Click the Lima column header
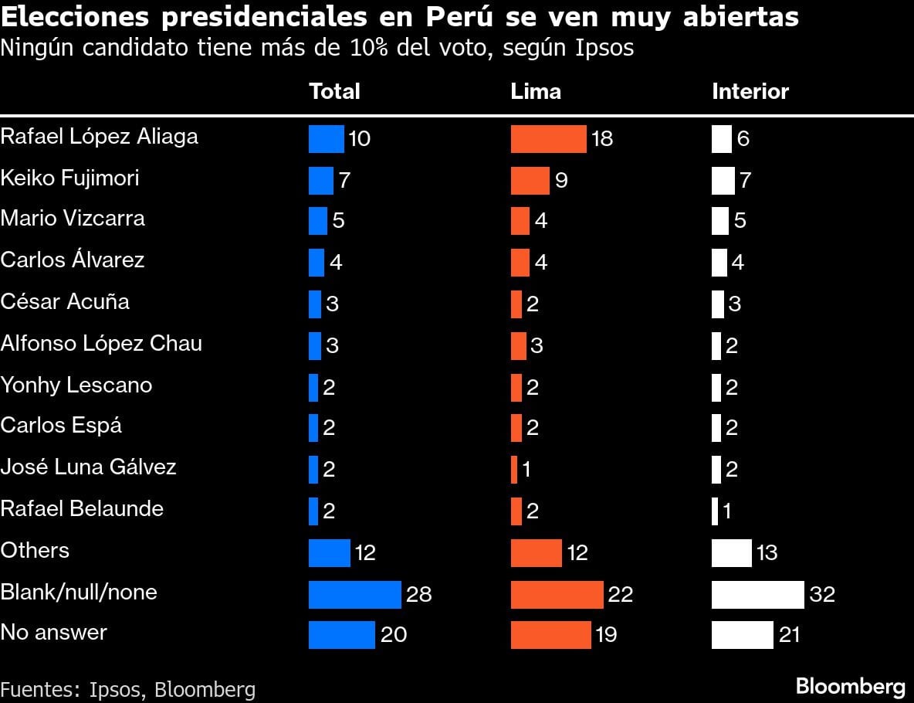[x=536, y=91]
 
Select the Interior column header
[x=750, y=91]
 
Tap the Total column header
[x=334, y=91]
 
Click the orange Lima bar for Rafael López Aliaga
[x=548, y=138]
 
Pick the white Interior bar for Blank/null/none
[x=757, y=594]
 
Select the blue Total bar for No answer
[x=341, y=634]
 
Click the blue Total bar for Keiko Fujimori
[x=320, y=180]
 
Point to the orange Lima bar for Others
[x=536, y=552]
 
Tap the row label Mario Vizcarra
[x=73, y=219]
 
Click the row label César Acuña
[x=65, y=301]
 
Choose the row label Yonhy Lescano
[x=76, y=385]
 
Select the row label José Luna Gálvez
[x=88, y=467]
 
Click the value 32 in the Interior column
[x=822, y=594]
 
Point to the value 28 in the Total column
[x=418, y=594]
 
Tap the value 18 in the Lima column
[x=601, y=138]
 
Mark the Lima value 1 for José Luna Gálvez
[x=526, y=470]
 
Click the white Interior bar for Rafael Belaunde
[x=714, y=511]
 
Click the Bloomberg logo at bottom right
[x=850, y=686]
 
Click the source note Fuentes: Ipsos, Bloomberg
[x=127, y=689]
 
